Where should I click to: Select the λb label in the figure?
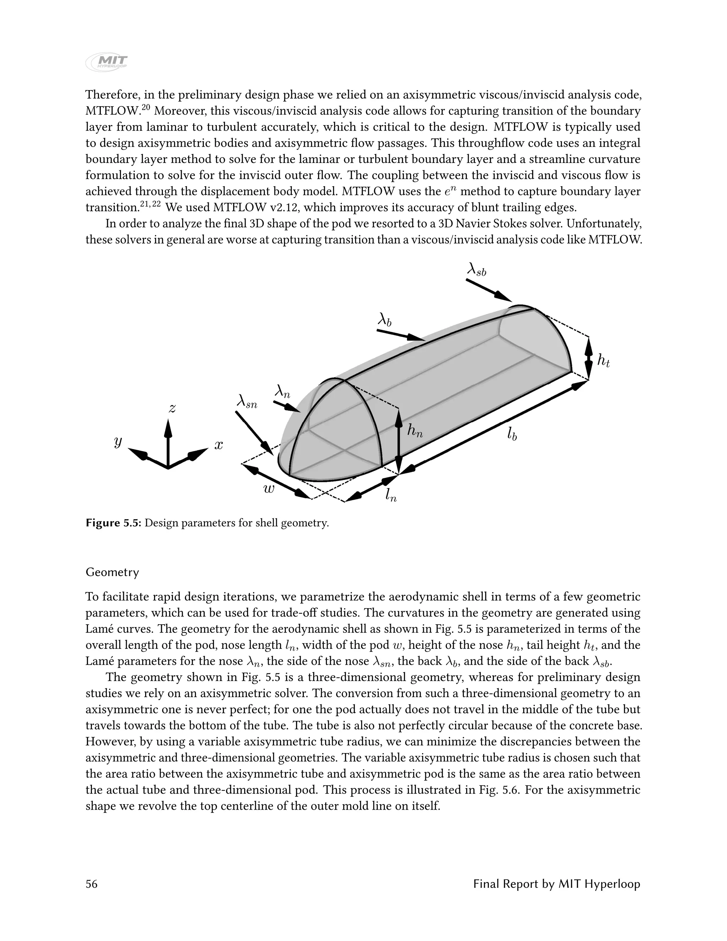[384, 320]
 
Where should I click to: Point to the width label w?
[269, 489]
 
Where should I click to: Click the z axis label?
[172, 408]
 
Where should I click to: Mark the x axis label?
[219, 446]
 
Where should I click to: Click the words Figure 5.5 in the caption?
[113, 523]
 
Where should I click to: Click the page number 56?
[91, 884]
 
